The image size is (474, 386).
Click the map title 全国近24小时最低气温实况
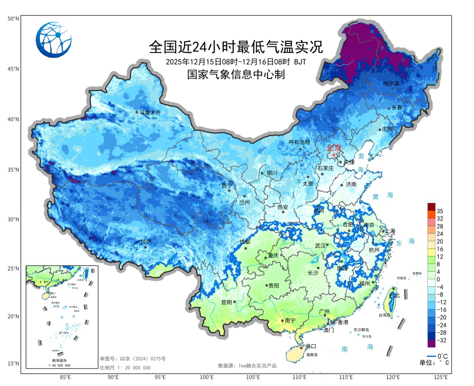(236, 46)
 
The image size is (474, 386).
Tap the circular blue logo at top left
(54, 40)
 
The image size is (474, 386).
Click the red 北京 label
(334, 148)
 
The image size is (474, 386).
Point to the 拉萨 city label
(146, 242)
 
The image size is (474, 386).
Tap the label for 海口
(311, 346)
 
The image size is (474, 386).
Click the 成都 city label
(244, 242)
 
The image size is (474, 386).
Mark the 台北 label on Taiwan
(395, 296)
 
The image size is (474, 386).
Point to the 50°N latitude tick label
(13, 19)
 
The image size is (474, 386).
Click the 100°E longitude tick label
(206, 377)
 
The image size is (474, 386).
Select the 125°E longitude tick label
(440, 377)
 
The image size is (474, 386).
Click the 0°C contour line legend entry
(437, 356)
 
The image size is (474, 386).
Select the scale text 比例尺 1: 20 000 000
(125, 367)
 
